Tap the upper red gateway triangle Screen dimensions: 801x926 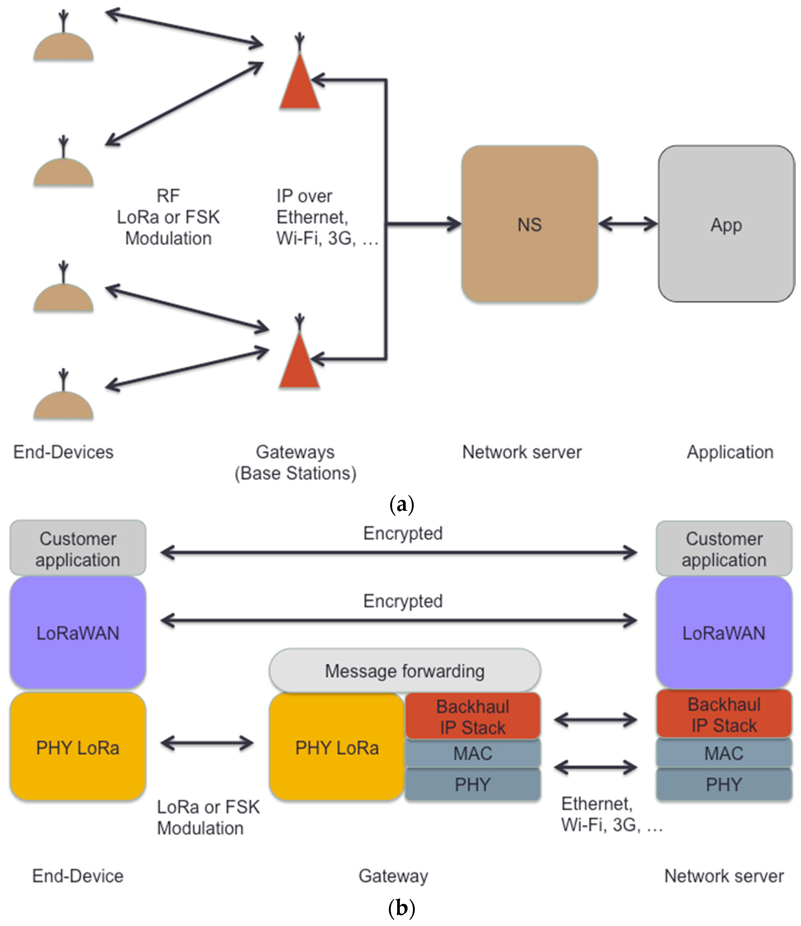299,83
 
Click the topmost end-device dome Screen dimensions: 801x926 64,47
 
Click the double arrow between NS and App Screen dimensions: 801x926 628,224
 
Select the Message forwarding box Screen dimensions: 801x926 405,671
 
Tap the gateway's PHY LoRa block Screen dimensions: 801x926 337,747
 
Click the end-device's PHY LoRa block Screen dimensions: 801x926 78,747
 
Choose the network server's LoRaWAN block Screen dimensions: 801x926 724,633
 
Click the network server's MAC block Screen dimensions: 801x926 724,754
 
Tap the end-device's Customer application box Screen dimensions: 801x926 78,548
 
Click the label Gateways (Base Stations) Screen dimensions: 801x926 295,462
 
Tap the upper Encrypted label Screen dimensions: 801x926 403,533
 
